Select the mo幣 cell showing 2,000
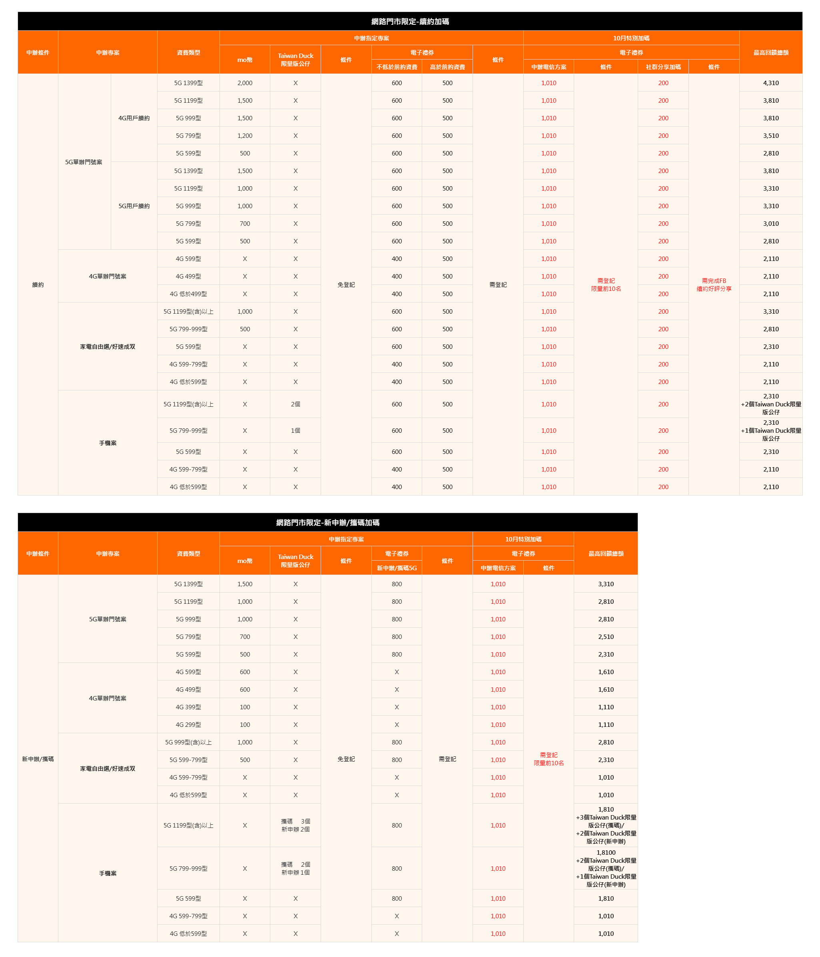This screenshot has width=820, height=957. [x=245, y=83]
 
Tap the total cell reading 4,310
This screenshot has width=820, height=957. [x=770, y=83]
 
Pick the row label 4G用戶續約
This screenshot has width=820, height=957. [x=134, y=118]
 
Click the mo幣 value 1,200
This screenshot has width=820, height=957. [x=245, y=136]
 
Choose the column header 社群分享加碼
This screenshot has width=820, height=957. [x=663, y=67]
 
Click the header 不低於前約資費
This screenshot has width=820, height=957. [x=397, y=67]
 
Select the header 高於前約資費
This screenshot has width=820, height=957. [x=447, y=67]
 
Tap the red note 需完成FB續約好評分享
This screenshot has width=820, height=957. [x=714, y=285]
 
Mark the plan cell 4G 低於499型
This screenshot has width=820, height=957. [x=188, y=294]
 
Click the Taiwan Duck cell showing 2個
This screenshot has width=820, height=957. [x=295, y=404]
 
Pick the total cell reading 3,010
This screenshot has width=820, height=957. [x=770, y=223]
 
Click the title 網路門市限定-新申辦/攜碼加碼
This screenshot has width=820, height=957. [x=327, y=522]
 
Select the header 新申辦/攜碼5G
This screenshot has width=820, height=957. [x=397, y=568]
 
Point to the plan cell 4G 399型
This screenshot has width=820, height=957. [x=188, y=707]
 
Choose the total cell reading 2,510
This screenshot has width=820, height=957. [x=606, y=637]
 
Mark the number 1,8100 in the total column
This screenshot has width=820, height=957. [x=606, y=853]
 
